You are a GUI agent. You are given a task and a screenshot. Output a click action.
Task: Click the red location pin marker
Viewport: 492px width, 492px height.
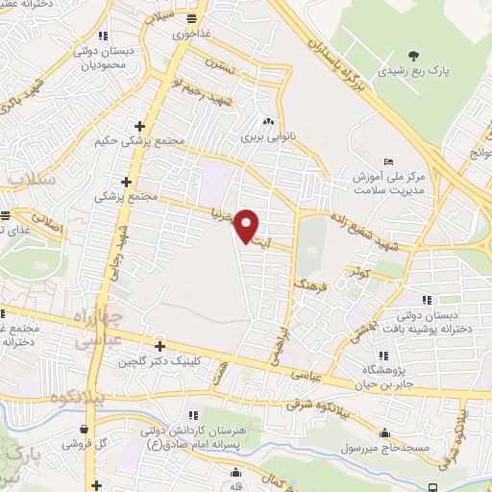[x=248, y=225]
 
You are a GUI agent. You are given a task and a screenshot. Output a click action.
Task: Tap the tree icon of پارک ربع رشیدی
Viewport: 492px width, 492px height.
[x=414, y=55]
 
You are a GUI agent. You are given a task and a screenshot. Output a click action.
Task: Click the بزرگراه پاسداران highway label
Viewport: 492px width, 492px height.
[x=331, y=47]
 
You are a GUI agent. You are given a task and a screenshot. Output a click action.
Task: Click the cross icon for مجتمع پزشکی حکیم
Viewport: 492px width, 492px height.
[x=140, y=126]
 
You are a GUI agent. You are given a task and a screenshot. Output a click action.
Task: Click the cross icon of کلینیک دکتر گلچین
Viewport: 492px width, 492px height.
[x=160, y=346]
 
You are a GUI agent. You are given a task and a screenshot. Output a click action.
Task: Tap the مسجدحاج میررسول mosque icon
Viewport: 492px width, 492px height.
[x=384, y=433]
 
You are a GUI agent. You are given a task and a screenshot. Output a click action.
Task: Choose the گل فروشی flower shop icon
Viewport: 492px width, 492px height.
[x=86, y=429]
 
